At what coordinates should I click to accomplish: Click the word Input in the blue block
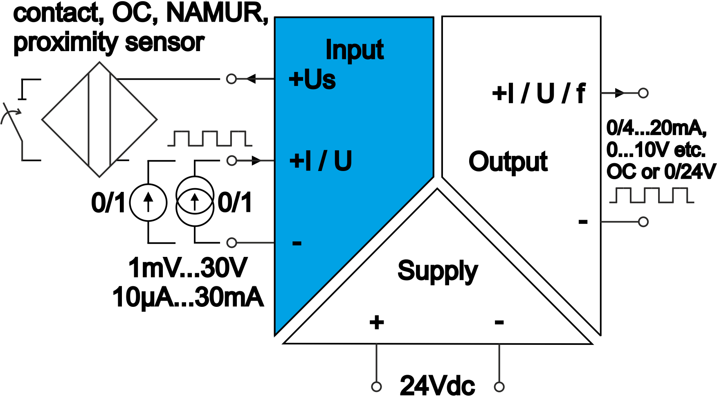[x=354, y=50]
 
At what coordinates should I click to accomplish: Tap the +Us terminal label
[x=312, y=79]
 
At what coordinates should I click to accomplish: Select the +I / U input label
[x=320, y=161]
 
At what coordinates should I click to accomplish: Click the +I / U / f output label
[x=539, y=94]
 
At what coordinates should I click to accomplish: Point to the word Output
[x=508, y=162]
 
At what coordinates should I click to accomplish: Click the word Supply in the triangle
[x=437, y=271]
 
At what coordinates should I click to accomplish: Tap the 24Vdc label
[x=437, y=385]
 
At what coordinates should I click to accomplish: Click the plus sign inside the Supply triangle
[x=377, y=322]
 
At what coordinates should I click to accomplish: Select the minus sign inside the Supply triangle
[x=499, y=322]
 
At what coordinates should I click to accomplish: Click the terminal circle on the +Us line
[x=232, y=79]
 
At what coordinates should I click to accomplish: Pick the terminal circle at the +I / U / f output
[x=643, y=93]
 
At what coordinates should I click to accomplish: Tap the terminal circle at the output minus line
[x=643, y=222]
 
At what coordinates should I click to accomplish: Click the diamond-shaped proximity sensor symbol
[x=99, y=119]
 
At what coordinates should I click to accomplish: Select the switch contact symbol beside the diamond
[x=16, y=123]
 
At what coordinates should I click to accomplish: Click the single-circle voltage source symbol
[x=148, y=202]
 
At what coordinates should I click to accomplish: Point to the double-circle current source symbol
[x=195, y=201]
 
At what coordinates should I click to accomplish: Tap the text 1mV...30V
[x=188, y=268]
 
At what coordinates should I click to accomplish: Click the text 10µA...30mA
[x=188, y=297]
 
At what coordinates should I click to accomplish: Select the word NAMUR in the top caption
[x=217, y=13]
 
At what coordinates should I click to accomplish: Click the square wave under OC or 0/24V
[x=651, y=195]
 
